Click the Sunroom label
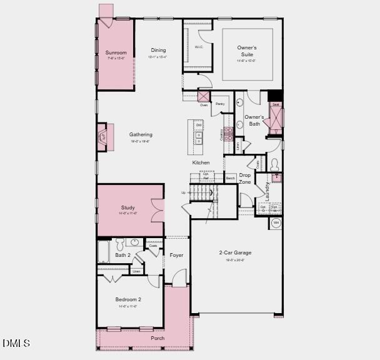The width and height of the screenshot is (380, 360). coord(116,52)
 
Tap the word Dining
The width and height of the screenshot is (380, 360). coord(159,50)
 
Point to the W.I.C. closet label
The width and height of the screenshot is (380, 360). coord(199,47)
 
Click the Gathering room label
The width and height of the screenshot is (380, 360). coord(141,134)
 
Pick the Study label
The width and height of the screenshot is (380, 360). coord(128,207)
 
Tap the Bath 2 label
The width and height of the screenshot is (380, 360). coord(122,255)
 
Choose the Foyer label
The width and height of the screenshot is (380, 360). coord(176,255)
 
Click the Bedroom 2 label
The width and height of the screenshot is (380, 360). coord(127,299)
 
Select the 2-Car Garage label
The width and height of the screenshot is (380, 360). coord(235,252)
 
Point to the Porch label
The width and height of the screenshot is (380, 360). coord(158,338)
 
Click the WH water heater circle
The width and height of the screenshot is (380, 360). coord(276,222)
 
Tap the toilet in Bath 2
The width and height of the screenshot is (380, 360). coord(135,243)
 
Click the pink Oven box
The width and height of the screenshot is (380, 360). coord(204,96)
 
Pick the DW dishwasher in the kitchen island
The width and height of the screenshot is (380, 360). coord(199,125)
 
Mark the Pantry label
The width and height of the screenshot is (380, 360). coord(220,104)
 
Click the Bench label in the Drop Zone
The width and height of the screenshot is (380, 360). coord(230,178)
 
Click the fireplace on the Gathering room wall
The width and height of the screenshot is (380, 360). coord(102,137)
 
